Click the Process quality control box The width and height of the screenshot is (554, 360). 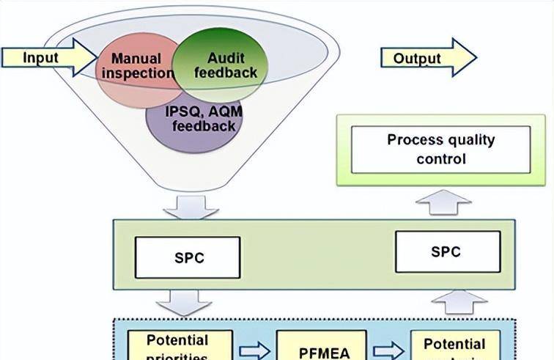click(x=440, y=149)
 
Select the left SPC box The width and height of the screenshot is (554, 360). click(x=188, y=257)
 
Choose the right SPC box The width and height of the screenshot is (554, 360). click(x=447, y=251)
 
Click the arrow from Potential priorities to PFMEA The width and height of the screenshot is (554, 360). click(x=254, y=350)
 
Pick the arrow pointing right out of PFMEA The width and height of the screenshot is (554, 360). click(x=388, y=350)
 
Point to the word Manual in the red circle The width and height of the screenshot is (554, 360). click(x=136, y=59)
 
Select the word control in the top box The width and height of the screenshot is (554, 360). click(x=441, y=158)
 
